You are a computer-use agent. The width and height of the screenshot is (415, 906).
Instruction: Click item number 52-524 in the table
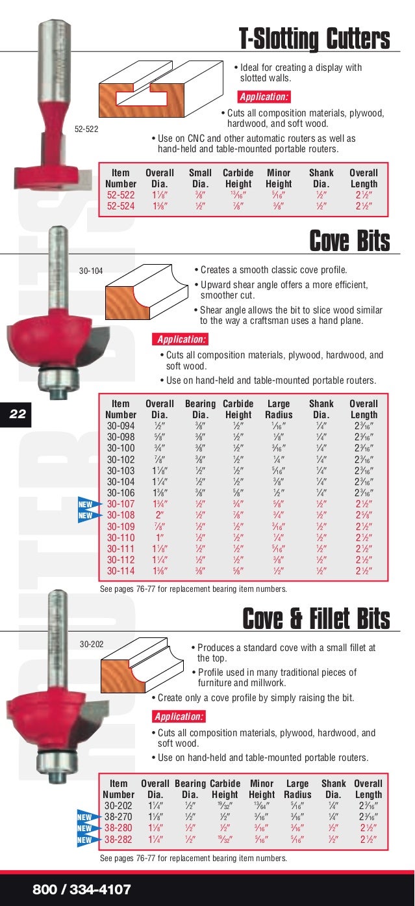(121, 206)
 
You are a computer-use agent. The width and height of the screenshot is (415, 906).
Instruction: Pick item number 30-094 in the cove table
(121, 426)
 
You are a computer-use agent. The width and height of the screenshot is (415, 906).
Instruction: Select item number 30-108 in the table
(121, 514)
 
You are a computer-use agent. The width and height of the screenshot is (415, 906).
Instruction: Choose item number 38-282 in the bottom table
(119, 840)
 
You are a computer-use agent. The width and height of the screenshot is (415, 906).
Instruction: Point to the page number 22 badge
(18, 413)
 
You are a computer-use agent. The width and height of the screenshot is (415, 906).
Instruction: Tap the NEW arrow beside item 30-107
(87, 504)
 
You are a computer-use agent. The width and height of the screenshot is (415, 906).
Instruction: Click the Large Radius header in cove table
(279, 409)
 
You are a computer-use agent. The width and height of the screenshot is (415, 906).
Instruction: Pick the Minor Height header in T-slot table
(279, 178)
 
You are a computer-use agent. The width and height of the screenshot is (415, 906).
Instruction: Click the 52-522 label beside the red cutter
(86, 129)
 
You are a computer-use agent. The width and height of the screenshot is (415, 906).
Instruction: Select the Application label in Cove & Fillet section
(179, 717)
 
